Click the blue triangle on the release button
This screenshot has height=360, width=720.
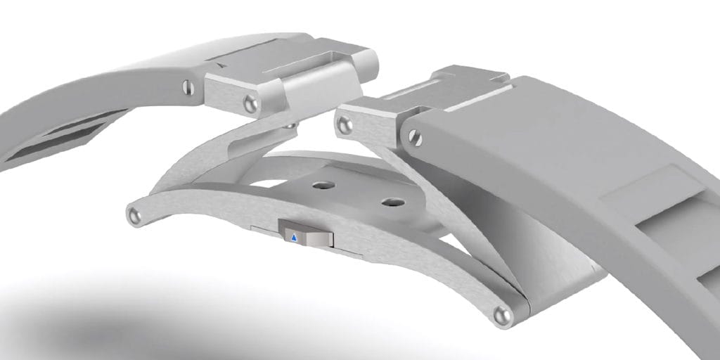[x=295, y=238]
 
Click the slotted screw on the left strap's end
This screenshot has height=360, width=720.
[x=187, y=87]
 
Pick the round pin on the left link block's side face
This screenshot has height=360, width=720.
[x=250, y=105]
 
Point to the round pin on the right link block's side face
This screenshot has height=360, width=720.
[x=344, y=126]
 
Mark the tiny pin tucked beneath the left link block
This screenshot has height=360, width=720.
[x=290, y=126]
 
